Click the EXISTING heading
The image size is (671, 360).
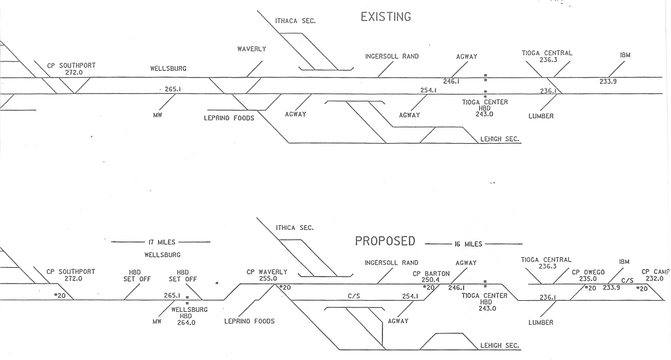tap(386, 17)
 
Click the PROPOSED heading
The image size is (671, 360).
tap(385, 241)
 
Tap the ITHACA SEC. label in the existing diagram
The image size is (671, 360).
tap(295, 21)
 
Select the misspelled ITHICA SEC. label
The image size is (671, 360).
tap(295, 228)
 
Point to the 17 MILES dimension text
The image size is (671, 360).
tap(162, 243)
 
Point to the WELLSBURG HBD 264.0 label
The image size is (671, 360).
tap(189, 316)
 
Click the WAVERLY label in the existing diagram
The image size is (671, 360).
tap(252, 49)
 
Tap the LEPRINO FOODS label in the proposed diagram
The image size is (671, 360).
tap(249, 321)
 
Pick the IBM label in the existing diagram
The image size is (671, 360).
tap(625, 55)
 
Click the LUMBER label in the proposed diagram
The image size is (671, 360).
tap(541, 323)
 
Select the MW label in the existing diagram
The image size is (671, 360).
tap(157, 116)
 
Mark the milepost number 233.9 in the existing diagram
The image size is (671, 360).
tap(608, 82)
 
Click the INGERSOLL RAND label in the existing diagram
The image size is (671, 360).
tap(392, 56)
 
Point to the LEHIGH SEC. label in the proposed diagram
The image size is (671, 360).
tap(500, 346)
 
